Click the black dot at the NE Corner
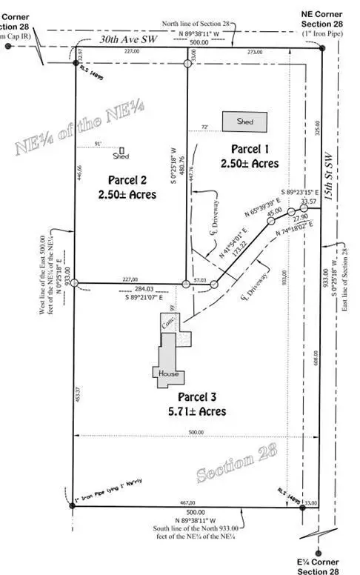tap(323, 48)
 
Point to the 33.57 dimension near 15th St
tap(309, 202)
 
